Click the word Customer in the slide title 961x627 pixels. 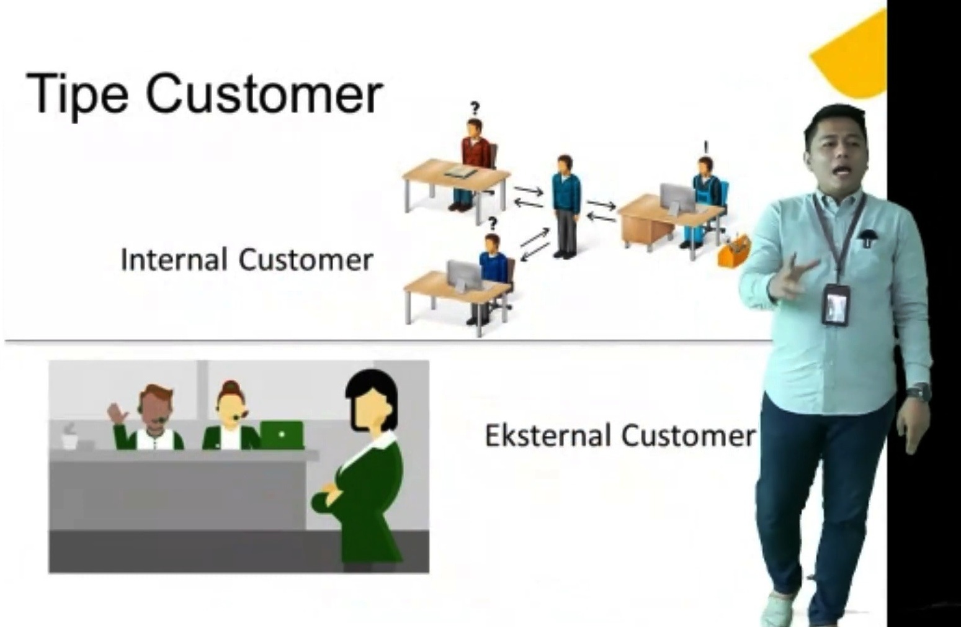[x=264, y=94]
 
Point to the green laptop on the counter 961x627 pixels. [x=282, y=435]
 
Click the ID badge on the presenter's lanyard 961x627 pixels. [x=836, y=305]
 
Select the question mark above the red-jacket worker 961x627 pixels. [x=475, y=108]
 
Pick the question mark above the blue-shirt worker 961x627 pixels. [x=493, y=223]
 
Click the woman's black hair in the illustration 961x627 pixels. [x=370, y=397]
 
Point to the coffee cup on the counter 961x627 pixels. [x=69, y=437]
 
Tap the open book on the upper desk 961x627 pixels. [x=460, y=172]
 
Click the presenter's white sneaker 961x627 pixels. [x=778, y=610]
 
